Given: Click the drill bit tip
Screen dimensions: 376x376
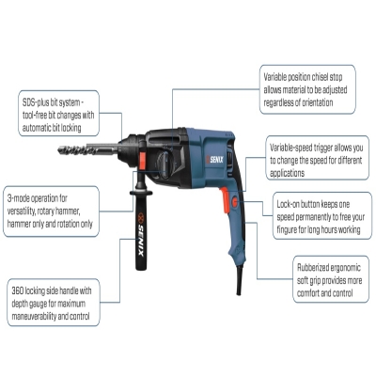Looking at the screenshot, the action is (x=59, y=149).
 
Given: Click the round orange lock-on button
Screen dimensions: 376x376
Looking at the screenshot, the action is (x=234, y=202).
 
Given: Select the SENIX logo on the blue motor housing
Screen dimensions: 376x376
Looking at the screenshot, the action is (x=215, y=160).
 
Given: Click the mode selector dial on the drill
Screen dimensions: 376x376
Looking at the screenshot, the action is (x=164, y=165).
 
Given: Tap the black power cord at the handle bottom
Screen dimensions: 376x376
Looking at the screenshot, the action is (x=239, y=280).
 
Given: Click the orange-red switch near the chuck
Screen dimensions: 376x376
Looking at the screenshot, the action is (x=143, y=161).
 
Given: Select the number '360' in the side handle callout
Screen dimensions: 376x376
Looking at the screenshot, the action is (x=18, y=290).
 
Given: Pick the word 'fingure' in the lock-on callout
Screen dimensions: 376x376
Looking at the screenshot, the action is (x=287, y=229).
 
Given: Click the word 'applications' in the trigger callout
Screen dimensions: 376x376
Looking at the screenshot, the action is (x=287, y=173).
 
